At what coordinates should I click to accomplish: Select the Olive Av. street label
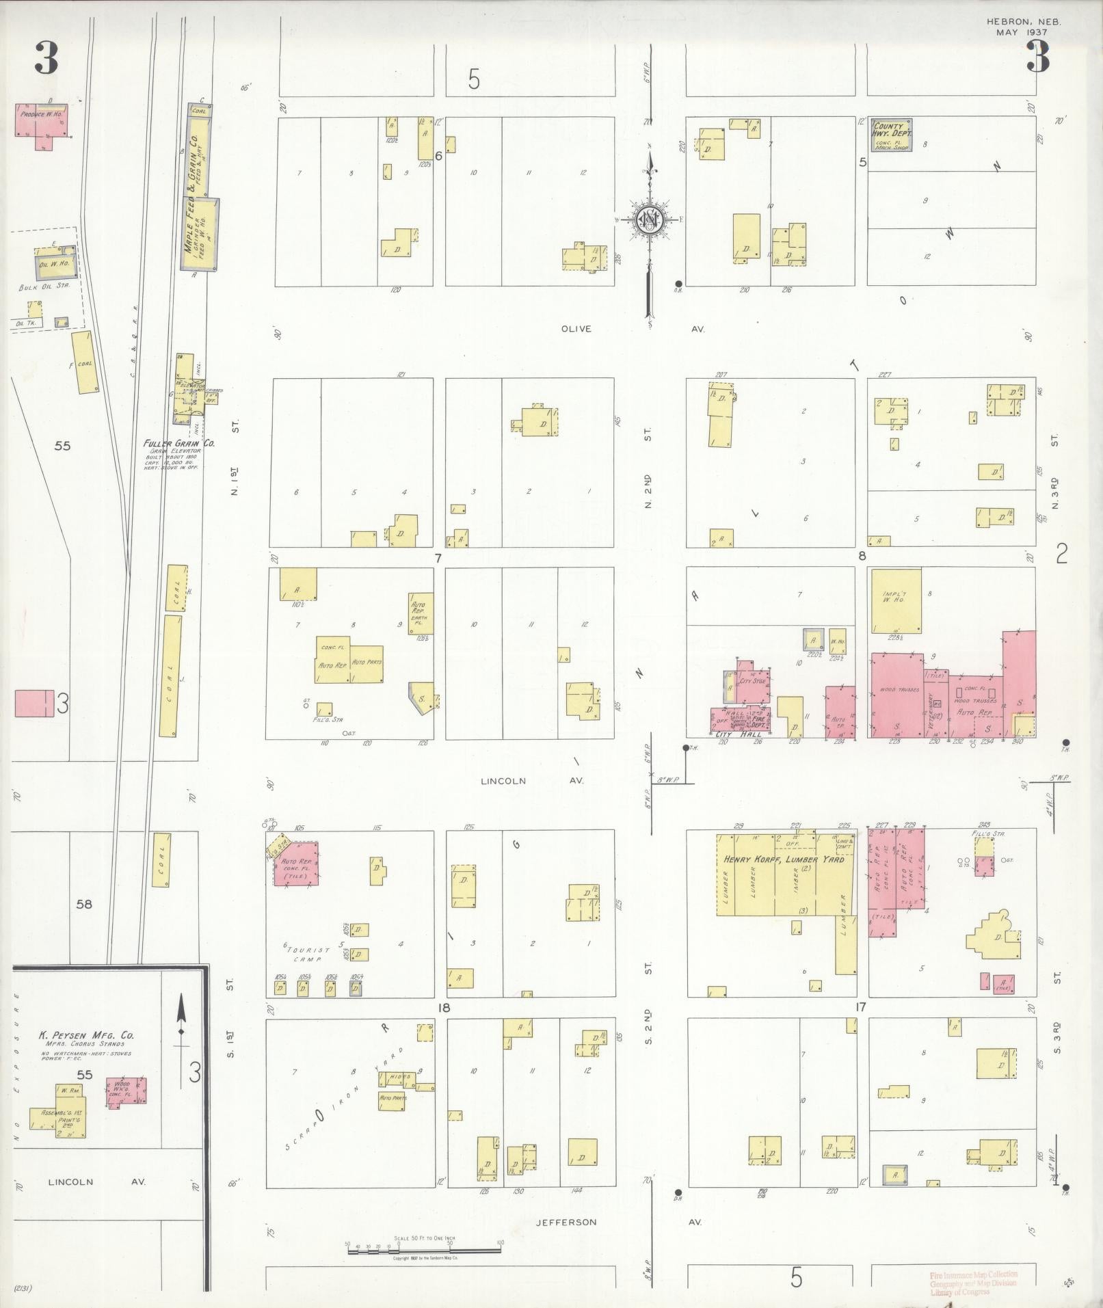pyautogui.click(x=576, y=329)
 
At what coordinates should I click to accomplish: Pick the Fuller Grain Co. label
pyautogui.click(x=179, y=443)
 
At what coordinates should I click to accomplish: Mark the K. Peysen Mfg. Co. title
pyautogui.click(x=85, y=1035)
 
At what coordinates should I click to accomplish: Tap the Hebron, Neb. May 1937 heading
pyautogui.click(x=1023, y=27)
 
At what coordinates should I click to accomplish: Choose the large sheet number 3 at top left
pyautogui.click(x=46, y=58)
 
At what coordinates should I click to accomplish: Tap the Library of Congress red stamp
pyautogui.click(x=972, y=1283)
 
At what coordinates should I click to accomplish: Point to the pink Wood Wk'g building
pyautogui.click(x=126, y=1092)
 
